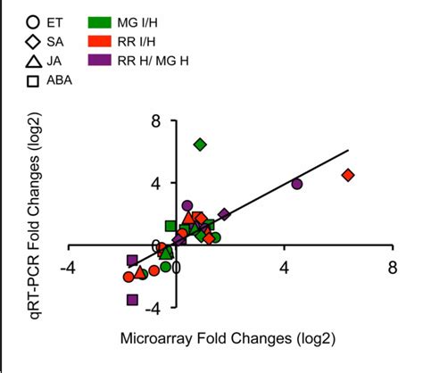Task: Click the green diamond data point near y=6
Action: click(x=201, y=144)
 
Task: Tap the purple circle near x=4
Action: click(x=297, y=184)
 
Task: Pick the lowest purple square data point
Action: click(x=133, y=300)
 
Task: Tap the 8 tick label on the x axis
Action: click(x=393, y=267)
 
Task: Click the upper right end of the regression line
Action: click(x=346, y=151)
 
